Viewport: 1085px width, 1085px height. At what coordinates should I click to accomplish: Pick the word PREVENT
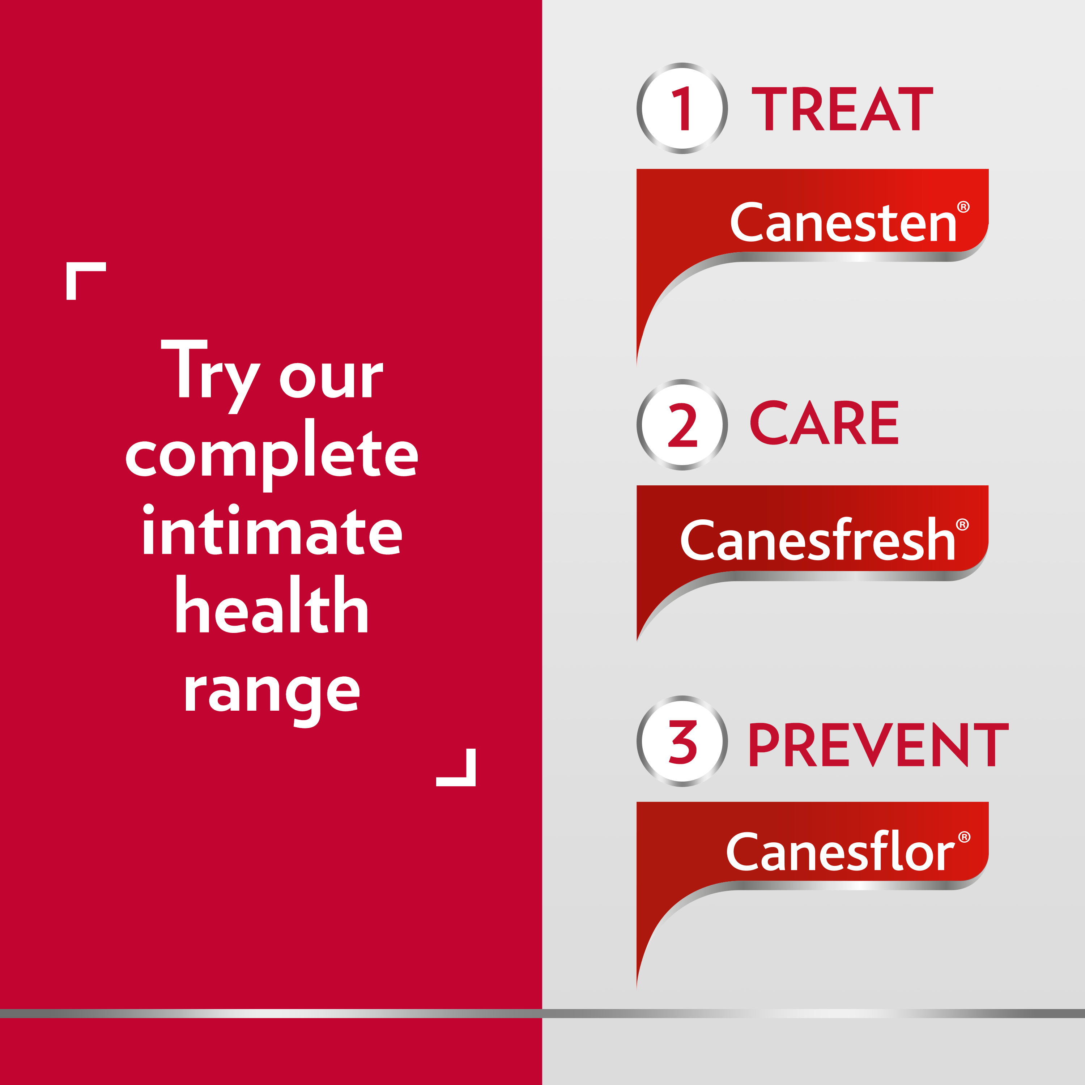(x=878, y=745)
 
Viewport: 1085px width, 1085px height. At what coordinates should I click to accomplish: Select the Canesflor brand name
(x=839, y=852)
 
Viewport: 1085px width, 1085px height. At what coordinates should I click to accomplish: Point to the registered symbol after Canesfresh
(x=962, y=524)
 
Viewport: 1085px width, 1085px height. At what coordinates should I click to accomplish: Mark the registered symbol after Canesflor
(x=964, y=837)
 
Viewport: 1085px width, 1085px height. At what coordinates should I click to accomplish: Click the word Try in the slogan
(x=210, y=374)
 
